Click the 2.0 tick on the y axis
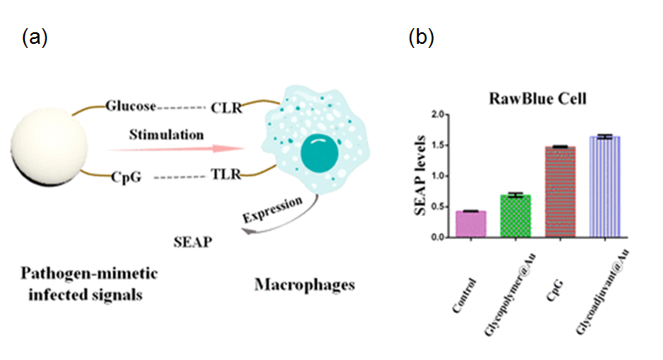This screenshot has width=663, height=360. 447,114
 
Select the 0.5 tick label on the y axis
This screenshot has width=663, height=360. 447,207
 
